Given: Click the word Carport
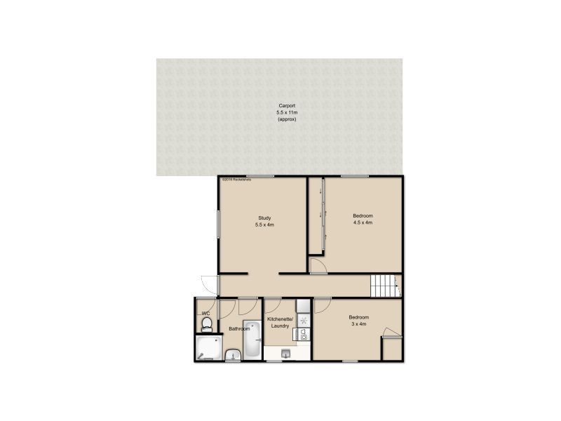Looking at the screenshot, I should (x=286, y=106).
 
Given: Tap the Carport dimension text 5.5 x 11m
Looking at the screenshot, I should (x=286, y=113).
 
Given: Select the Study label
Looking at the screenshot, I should (x=264, y=218).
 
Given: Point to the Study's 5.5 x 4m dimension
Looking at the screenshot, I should (x=264, y=225).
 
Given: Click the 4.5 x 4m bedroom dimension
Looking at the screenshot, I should (x=363, y=222).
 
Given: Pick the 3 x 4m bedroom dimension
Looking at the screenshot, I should (x=359, y=324).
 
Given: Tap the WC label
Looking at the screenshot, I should (x=205, y=313).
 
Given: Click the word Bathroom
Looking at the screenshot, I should (x=239, y=328).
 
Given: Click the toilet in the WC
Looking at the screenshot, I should (x=207, y=323).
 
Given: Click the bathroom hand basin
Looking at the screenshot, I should (x=234, y=354).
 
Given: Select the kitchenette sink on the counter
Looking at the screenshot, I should (x=304, y=335).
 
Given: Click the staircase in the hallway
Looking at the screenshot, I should (x=384, y=287).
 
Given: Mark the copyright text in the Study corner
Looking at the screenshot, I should (x=236, y=180).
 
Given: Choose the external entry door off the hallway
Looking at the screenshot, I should (x=208, y=282).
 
